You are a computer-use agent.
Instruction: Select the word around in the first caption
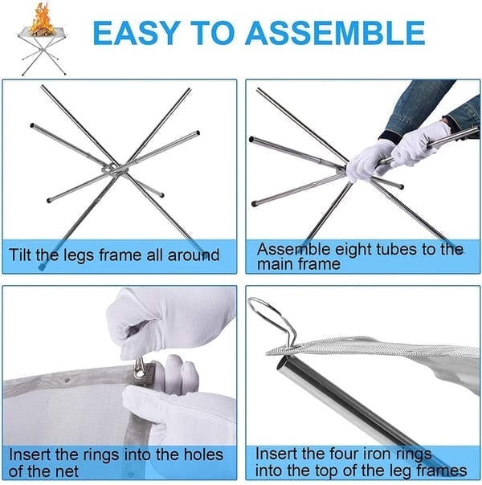point(190,255)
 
